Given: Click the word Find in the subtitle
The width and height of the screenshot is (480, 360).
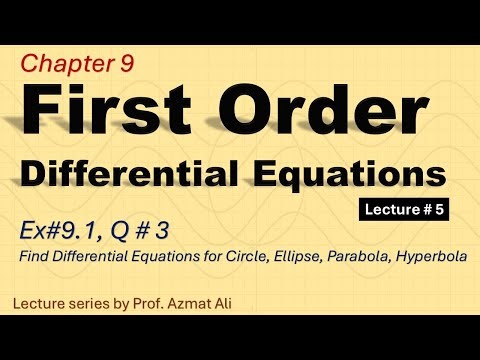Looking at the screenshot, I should pyautogui.click(x=33, y=257).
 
